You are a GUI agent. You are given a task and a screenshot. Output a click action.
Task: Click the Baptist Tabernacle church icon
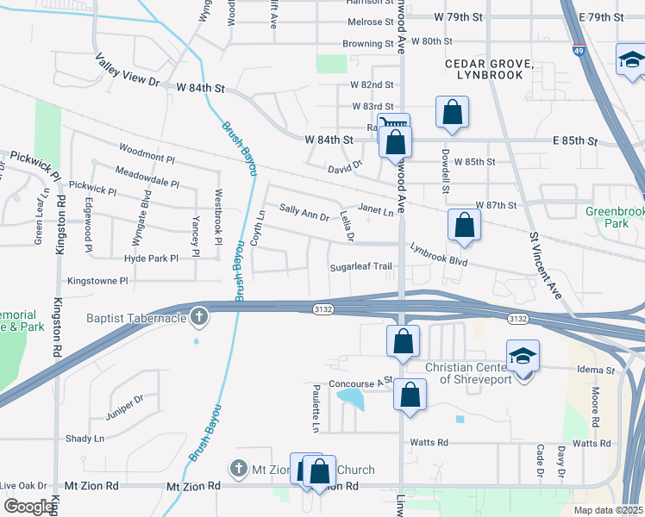pyautogui.click(x=199, y=317)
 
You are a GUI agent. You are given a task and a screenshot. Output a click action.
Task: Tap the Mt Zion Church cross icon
pyautogui.click(x=239, y=470)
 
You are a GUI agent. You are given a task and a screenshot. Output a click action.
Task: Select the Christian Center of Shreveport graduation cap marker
pyautogui.click(x=523, y=356)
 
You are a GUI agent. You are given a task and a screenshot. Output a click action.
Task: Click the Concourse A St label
pyautogui.click(x=360, y=380)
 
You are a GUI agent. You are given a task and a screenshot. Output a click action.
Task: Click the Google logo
pyautogui.click(x=28, y=506)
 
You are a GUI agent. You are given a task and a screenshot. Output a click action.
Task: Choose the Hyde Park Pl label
pyautogui.click(x=151, y=258)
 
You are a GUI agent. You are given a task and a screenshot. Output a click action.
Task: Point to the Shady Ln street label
pyautogui.click(x=85, y=438)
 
